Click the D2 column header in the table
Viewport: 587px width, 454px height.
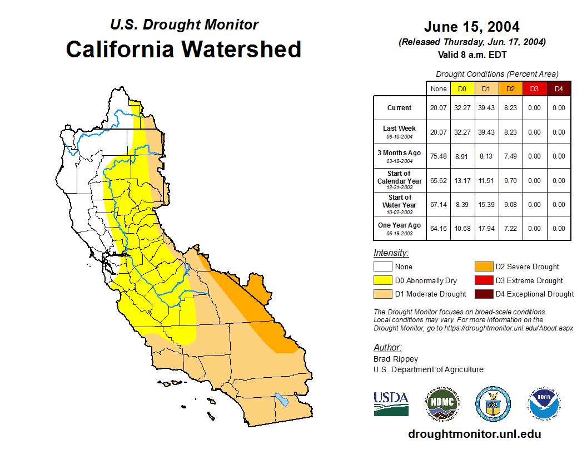point(510,88)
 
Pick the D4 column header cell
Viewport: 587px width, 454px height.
point(559,88)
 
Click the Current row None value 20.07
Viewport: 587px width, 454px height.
point(439,108)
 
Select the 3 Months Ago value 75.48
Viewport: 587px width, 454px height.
point(439,156)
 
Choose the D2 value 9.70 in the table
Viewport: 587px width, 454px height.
point(510,181)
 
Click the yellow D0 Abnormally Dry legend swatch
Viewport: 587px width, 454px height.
point(382,280)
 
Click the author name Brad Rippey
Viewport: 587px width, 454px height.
point(396,359)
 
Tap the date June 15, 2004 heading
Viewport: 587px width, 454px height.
point(471,27)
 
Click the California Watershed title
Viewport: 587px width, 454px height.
point(183,50)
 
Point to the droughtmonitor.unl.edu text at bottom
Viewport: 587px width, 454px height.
point(474,434)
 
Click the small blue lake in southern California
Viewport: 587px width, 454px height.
point(282,399)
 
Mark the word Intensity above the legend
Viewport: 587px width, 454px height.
point(391,253)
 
